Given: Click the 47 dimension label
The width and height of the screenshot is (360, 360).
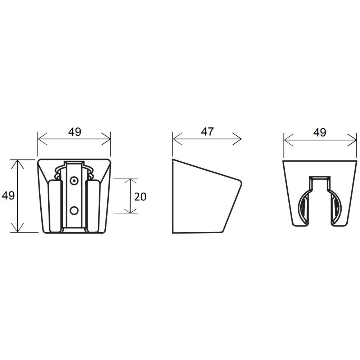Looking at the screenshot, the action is pyautogui.click(x=207, y=132).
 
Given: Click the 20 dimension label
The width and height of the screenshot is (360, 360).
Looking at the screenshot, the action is pyautogui.click(x=140, y=197).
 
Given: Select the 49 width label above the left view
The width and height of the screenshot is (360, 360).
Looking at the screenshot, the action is pyautogui.click(x=75, y=132).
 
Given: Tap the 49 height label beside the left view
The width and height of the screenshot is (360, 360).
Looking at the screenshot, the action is pyautogui.click(x=8, y=195).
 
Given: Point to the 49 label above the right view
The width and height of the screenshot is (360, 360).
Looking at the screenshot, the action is pyautogui.click(x=320, y=132).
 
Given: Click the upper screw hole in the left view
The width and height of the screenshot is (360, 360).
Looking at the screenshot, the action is pyautogui.click(x=74, y=181).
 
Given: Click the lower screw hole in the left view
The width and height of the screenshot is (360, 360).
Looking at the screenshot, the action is pyautogui.click(x=74, y=211).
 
